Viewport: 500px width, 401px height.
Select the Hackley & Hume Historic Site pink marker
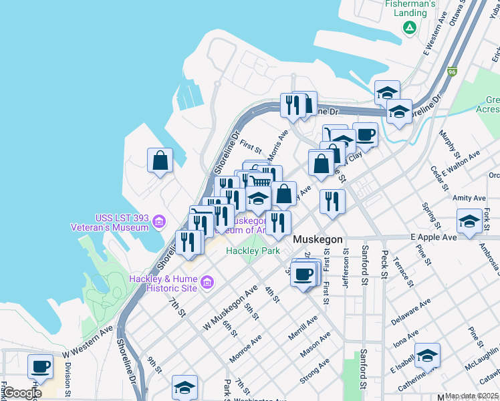pyautogui.click(x=207, y=282)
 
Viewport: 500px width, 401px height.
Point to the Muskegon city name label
pyautogui.click(x=318, y=239)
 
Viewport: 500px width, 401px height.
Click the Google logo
pyautogui.click(x=21, y=393)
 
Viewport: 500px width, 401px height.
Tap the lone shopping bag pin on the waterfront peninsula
pyautogui.click(x=160, y=160)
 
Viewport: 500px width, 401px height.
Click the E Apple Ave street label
pyautogui.click(x=433, y=237)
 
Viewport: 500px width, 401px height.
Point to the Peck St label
pyautogui.click(x=384, y=264)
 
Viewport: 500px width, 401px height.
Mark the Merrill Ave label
pyautogui.click(x=304, y=327)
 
